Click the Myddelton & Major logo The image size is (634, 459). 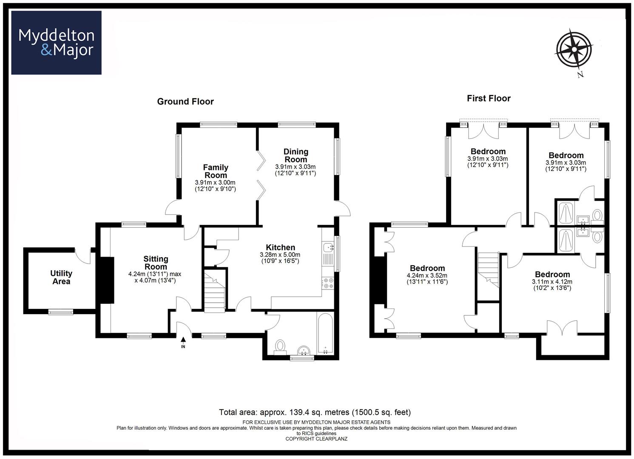pos(56,42)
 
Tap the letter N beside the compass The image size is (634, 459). pos(580,74)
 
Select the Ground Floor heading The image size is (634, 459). pos(185,102)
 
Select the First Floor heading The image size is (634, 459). pos(489,99)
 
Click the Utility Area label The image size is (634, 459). pos(61,278)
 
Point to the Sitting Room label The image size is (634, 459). pos(156,263)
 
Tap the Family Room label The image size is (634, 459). pos(216,171)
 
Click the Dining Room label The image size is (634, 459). pos(296,156)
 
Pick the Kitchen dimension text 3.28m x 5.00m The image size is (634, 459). pos(280,255)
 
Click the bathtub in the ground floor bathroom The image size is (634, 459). pos(325,334)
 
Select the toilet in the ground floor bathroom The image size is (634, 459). pos(280,347)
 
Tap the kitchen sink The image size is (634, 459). pos(328,248)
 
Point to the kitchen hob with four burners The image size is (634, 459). pos(328,283)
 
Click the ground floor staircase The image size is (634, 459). pos(215,291)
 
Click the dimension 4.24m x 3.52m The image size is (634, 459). pos(427,275)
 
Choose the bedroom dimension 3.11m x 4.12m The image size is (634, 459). pos(552,282)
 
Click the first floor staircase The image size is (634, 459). pos(488,270)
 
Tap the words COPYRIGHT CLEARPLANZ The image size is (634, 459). pos(316,439)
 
